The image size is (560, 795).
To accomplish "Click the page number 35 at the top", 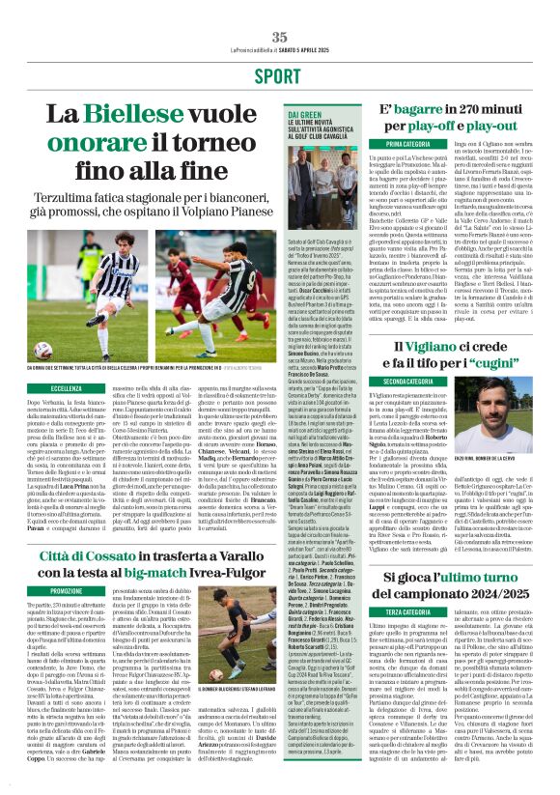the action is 279,37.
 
